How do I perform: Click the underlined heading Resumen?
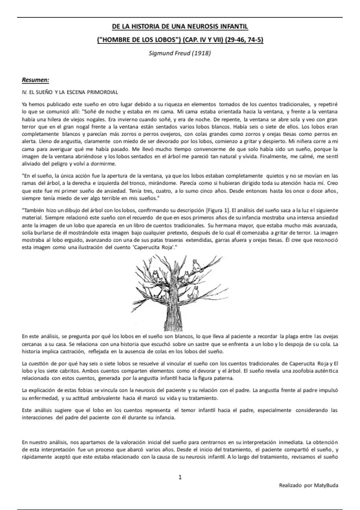[35, 80]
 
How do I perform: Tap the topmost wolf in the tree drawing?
[196, 265]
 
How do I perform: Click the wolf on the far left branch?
[155, 275]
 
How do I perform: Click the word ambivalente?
[106, 398]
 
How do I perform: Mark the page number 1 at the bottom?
[180, 477]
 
